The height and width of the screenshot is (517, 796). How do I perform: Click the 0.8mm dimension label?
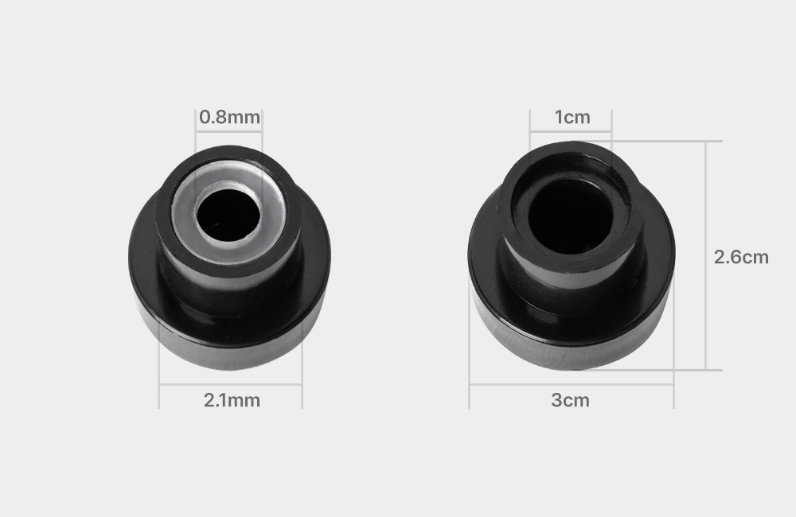point(229,117)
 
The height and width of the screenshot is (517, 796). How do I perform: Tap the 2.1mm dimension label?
point(232,400)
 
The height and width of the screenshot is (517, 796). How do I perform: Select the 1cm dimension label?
point(572,117)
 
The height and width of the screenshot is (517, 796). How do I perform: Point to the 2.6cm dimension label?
point(741,257)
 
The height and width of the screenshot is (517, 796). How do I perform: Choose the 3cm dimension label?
point(570,400)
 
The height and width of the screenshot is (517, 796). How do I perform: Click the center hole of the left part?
point(228,215)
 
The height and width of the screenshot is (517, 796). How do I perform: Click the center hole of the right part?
point(570,216)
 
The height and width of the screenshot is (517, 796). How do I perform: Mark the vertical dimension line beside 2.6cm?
point(705,255)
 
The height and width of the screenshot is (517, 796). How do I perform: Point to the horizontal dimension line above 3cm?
point(572,385)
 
